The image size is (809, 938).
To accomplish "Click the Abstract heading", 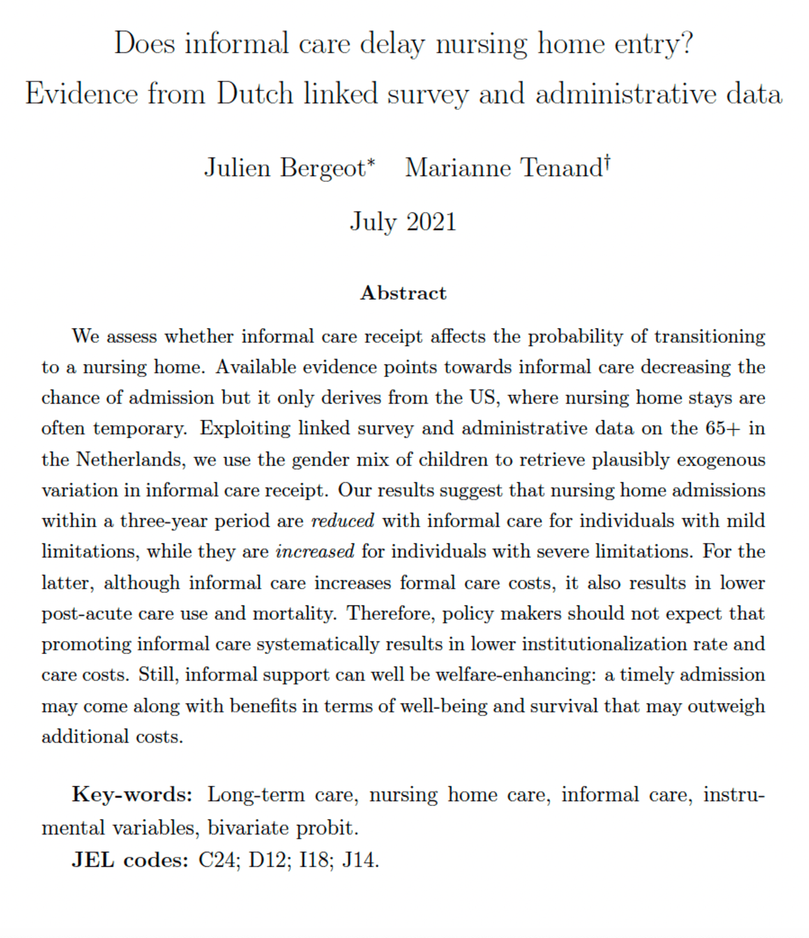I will point(403,293).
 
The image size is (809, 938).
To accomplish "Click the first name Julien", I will point(237,168).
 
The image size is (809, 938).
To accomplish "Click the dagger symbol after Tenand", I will point(607,161).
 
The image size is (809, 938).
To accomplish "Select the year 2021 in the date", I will point(431,222).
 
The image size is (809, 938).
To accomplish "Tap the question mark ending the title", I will point(687,44).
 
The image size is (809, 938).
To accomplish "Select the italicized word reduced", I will point(342,521).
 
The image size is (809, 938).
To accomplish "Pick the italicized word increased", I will point(315,552).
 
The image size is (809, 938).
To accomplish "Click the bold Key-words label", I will point(132,794).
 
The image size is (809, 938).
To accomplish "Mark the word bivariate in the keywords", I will point(248,828).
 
